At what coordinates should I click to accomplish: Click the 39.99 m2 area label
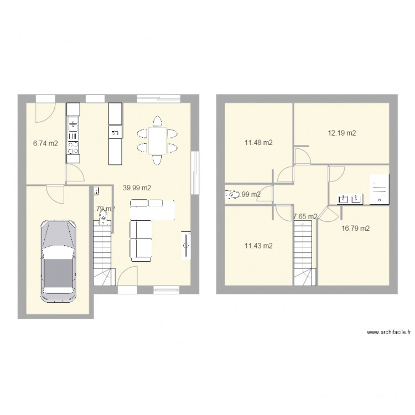tap(137, 188)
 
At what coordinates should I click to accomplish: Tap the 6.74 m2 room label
tap(45, 143)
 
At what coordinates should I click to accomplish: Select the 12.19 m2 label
tap(341, 133)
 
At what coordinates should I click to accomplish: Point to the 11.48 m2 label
tap(258, 143)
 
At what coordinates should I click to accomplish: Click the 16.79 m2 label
tap(356, 228)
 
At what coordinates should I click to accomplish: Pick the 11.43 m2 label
tap(258, 246)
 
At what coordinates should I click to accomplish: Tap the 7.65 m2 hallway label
tap(305, 216)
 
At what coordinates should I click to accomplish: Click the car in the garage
tap(58, 260)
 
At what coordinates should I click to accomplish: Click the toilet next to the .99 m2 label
tap(229, 195)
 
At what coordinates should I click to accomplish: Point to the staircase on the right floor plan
tap(303, 255)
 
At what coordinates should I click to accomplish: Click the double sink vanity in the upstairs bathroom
tap(349, 198)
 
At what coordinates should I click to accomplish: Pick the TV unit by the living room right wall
tap(184, 245)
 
